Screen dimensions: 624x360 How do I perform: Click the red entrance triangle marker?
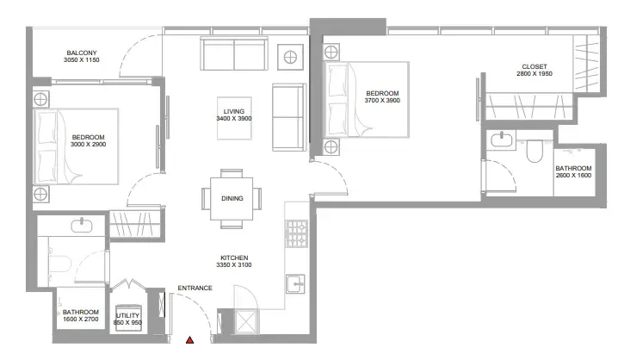(x=190, y=340)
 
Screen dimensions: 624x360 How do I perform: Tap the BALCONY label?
(x=82, y=53)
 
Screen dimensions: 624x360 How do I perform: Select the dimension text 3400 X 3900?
(x=234, y=119)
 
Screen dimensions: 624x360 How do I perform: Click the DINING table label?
(x=232, y=198)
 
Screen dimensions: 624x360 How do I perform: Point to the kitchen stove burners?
(x=296, y=233)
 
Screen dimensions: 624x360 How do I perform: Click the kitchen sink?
(x=295, y=284)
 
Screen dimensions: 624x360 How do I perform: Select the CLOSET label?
(x=534, y=66)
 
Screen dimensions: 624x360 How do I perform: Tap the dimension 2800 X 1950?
(x=534, y=74)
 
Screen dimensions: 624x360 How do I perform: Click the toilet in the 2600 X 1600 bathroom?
(x=534, y=152)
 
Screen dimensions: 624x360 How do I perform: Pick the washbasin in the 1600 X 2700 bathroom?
(x=82, y=226)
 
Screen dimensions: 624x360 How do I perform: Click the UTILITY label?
(x=127, y=315)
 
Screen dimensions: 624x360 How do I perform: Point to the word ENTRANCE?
(x=195, y=288)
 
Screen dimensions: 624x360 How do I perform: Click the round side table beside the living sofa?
(x=291, y=58)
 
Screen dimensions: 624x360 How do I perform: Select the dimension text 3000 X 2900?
(x=89, y=145)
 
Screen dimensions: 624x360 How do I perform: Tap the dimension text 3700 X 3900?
(x=382, y=101)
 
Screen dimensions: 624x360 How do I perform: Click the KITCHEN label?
(x=234, y=258)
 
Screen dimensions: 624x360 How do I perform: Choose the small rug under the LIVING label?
(x=234, y=118)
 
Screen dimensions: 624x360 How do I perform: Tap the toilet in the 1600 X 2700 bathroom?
(x=59, y=264)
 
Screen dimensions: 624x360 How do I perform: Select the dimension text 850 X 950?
(x=127, y=323)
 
